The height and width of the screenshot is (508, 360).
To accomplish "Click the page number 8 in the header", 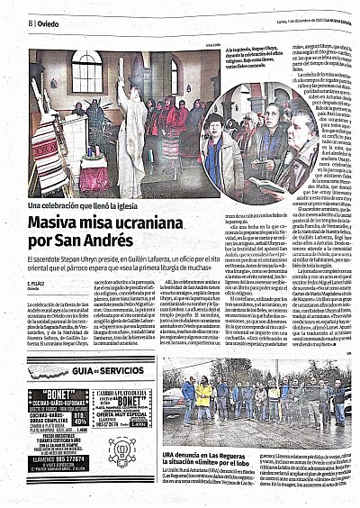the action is click(x=30, y=23).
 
